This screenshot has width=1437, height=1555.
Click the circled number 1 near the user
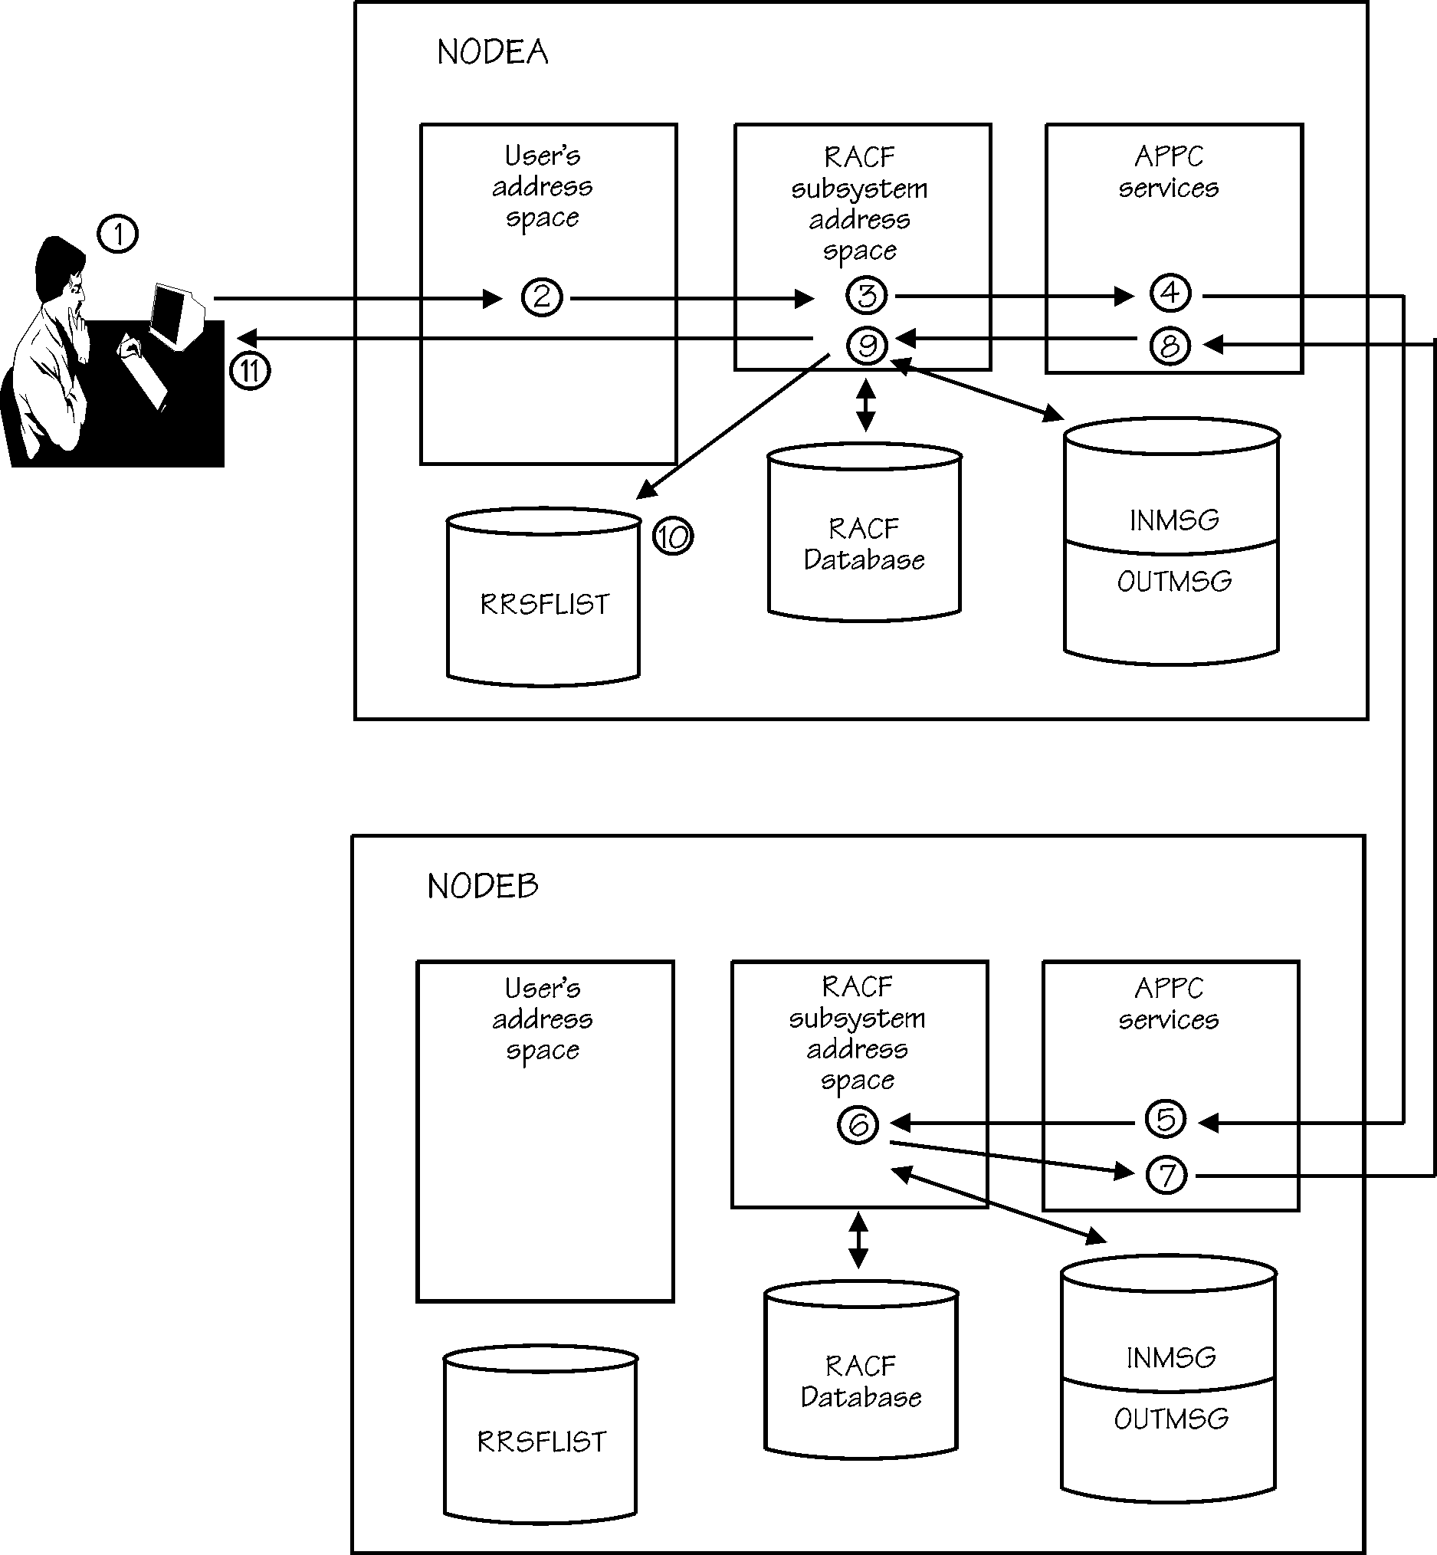tap(117, 233)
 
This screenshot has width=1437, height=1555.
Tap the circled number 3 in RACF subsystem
tap(866, 294)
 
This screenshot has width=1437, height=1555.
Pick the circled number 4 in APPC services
tap(1170, 292)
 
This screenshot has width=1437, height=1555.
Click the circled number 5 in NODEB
tap(1166, 1119)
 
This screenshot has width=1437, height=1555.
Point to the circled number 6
tap(858, 1124)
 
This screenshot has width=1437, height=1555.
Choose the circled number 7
tap(1166, 1175)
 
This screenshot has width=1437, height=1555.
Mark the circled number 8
tap(1170, 346)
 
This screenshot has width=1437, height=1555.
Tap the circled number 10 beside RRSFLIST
tap(672, 536)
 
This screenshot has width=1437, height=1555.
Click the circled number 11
tap(250, 371)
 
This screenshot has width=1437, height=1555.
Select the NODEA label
tap(492, 53)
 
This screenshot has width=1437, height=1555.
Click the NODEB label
tap(482, 887)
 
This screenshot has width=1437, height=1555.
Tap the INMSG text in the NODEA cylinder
tap(1173, 520)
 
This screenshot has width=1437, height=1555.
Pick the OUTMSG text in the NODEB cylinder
tap(1170, 1419)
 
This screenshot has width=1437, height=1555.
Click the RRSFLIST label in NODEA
tap(544, 604)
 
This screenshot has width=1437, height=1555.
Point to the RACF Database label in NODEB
tap(861, 1382)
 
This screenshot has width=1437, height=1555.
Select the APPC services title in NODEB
tap(1168, 1004)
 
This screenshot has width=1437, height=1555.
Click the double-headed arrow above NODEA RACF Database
tap(865, 405)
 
